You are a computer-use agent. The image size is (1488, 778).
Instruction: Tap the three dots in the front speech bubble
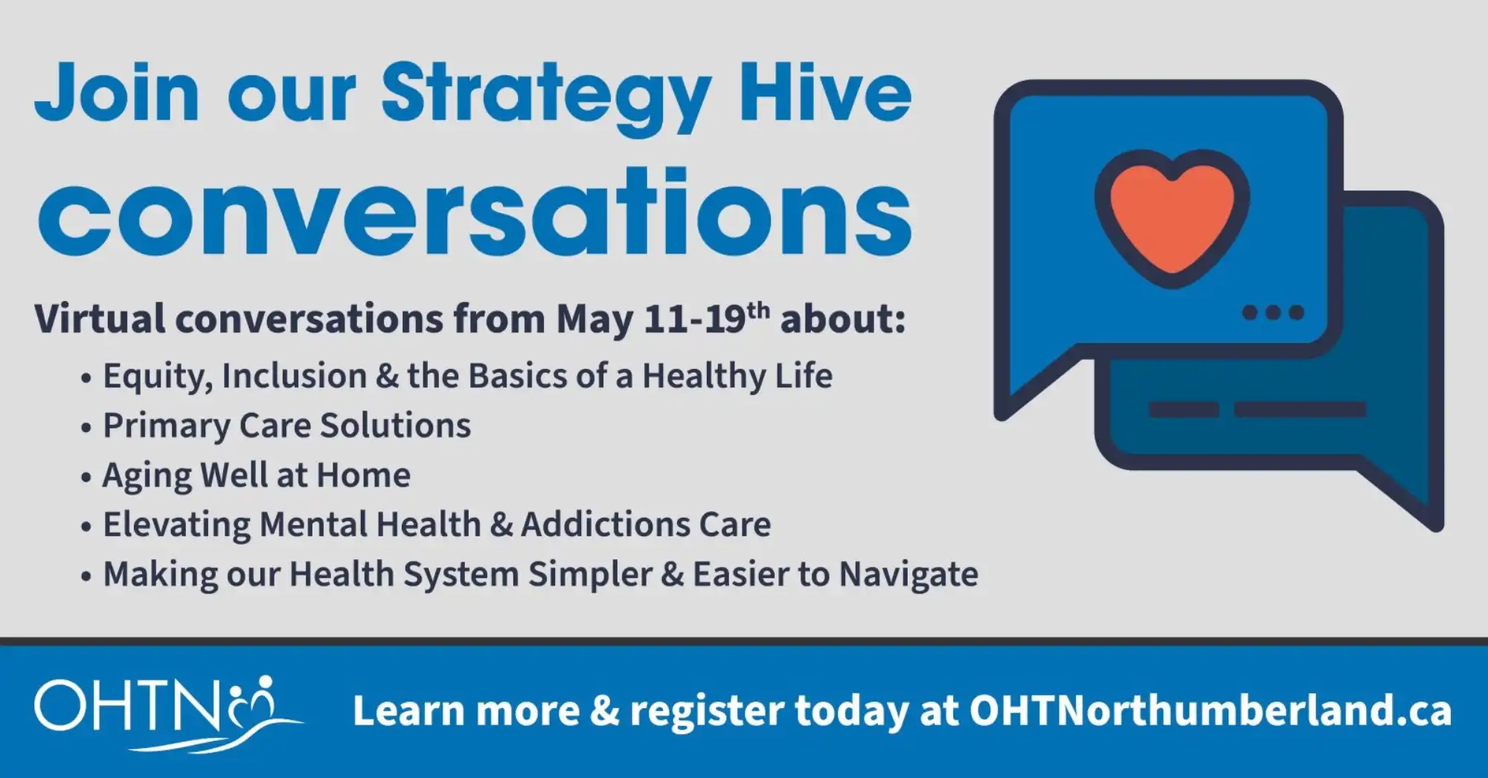(1273, 312)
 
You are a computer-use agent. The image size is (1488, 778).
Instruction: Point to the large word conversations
(475, 212)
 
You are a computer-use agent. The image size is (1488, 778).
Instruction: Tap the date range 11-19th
(707, 318)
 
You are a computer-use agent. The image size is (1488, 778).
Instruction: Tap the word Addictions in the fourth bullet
(605, 524)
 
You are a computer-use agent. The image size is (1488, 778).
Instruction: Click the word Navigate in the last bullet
(908, 575)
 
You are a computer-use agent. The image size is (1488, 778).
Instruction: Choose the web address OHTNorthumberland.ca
(1210, 710)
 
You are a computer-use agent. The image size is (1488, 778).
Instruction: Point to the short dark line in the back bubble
(1184, 409)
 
